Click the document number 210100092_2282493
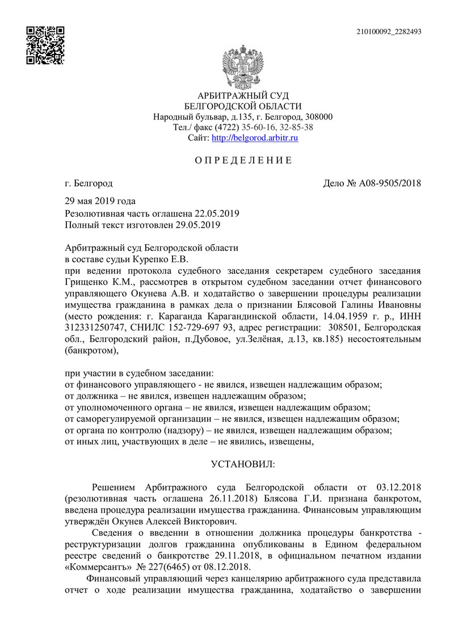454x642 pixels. point(389,32)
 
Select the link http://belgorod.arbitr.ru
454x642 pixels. point(255,138)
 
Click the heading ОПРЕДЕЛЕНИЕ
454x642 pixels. point(243,160)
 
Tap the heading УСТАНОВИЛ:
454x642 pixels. point(243,464)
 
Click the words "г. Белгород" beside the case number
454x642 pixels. point(89,183)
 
